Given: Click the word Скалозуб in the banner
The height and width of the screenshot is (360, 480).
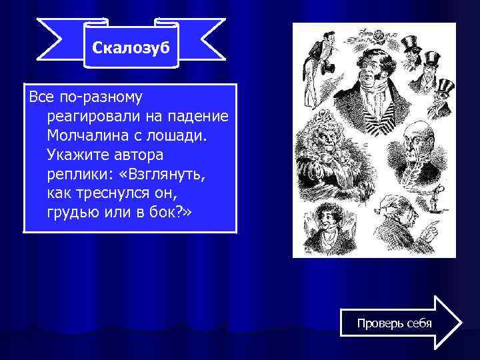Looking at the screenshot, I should pyautogui.click(x=132, y=48).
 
